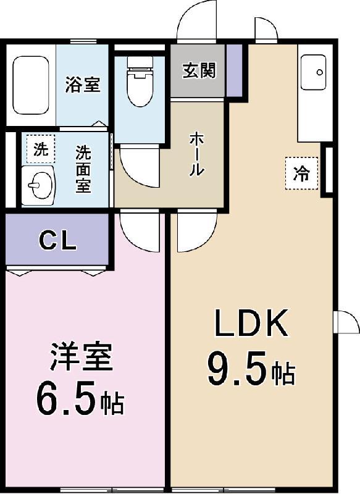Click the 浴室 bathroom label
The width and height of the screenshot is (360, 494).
[x=83, y=84]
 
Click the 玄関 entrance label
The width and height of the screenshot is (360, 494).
[x=199, y=71]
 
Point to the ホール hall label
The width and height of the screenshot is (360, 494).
[x=196, y=154]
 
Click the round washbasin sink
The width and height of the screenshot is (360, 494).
[x=40, y=185]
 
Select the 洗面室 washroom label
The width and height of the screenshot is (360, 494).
[x=83, y=169]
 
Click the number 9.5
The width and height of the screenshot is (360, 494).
[x=238, y=369]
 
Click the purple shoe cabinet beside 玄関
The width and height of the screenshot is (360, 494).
[x=234, y=70]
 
